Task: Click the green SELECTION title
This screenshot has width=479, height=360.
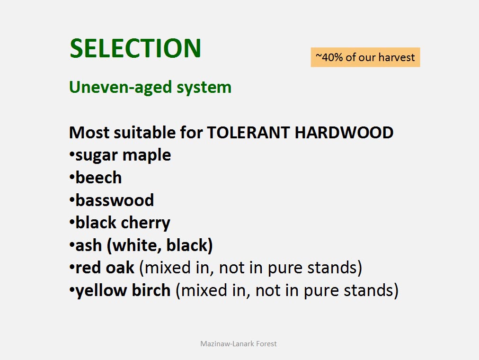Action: point(135,48)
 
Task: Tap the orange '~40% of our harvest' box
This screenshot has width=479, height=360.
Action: point(365,57)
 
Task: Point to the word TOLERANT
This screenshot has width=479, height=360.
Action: point(248,133)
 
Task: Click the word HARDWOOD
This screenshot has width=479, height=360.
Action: point(344,133)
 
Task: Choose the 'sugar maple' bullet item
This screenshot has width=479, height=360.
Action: point(123,155)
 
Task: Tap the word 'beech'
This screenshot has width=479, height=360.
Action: point(98,178)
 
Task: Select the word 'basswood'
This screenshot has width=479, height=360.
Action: point(115,200)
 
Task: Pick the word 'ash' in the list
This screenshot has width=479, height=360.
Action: point(89,245)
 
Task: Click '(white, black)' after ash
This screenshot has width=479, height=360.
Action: point(160,245)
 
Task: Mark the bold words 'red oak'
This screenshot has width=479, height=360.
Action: point(105,268)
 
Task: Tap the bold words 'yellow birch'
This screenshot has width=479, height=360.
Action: point(123,291)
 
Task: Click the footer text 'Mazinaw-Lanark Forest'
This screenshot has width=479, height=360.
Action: point(239,344)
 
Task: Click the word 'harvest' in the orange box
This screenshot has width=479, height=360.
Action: point(397,57)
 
